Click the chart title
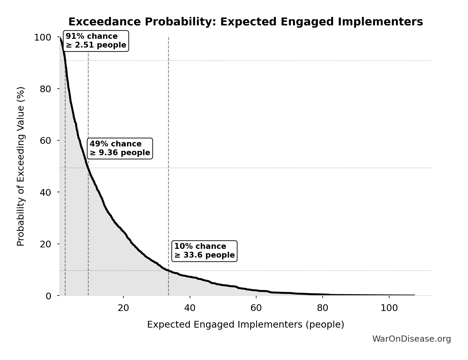tap(245, 22)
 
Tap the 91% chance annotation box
tap(96, 41)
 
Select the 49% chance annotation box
tap(120, 148)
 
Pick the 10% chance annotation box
tap(204, 251)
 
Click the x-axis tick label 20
tap(123, 308)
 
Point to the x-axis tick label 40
tap(190, 308)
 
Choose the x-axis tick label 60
tap(256, 308)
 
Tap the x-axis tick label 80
tap(322, 308)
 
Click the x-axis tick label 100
tap(389, 308)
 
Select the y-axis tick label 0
tap(48, 296)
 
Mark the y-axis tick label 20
tap(46, 244)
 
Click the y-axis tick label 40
tap(46, 192)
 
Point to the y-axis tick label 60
tap(46, 141)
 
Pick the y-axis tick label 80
tap(46, 89)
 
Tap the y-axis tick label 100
tap(43, 37)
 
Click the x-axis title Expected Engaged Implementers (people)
tap(245, 325)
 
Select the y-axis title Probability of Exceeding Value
tap(21, 166)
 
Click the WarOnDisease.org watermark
tap(411, 339)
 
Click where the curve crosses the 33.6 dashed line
tap(168, 271)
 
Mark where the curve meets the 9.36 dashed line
tap(88, 168)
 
